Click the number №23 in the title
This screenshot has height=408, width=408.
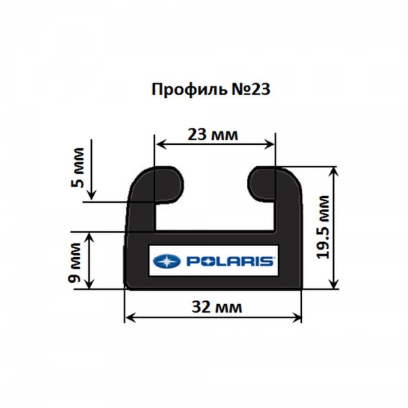250,90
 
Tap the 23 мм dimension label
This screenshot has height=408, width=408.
213,135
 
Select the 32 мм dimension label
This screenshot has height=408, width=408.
217,307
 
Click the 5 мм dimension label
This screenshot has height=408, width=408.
78,167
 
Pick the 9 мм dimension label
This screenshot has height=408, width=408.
75,262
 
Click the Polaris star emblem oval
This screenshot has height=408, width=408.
167,261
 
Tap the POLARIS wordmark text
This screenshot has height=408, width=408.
230,261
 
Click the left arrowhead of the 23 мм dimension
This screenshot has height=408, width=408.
159,144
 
